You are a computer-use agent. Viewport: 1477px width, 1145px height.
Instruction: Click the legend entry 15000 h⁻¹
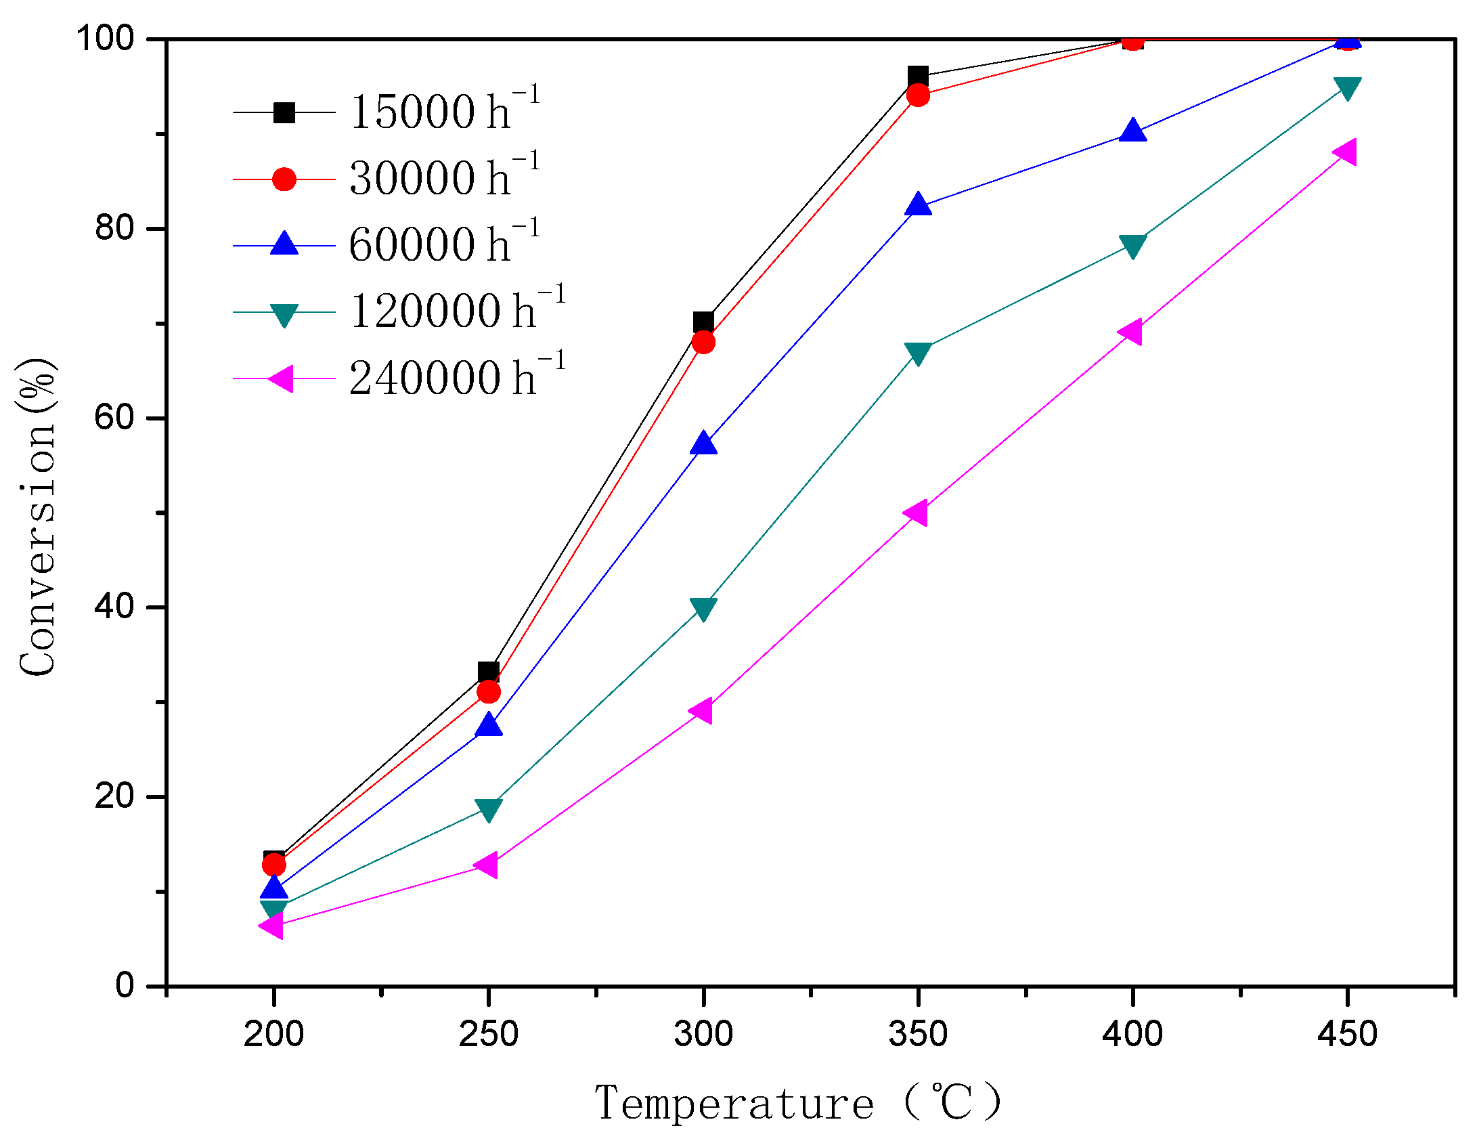coord(443,111)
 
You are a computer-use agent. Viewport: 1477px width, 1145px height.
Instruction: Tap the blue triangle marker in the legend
coord(284,244)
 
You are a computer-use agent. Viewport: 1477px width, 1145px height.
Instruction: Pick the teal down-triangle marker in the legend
coord(284,314)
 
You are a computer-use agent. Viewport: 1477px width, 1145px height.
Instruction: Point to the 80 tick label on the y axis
coord(114,228)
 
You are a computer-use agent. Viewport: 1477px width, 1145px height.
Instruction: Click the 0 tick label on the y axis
coord(125,985)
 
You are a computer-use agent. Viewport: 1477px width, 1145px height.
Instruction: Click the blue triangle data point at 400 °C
coord(1132,130)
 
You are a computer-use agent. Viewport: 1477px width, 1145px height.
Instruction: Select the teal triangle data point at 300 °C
coord(703,609)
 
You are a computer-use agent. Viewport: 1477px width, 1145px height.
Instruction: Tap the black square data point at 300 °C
coord(703,322)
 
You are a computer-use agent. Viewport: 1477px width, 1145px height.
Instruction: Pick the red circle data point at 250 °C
coord(488,692)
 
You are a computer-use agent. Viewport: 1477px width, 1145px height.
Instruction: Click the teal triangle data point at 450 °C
coord(1347,88)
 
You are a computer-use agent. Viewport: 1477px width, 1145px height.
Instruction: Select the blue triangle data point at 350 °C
coord(918,204)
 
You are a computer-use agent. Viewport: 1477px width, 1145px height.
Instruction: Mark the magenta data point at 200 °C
coord(273,925)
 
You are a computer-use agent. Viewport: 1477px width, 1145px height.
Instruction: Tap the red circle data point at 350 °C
coord(918,95)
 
